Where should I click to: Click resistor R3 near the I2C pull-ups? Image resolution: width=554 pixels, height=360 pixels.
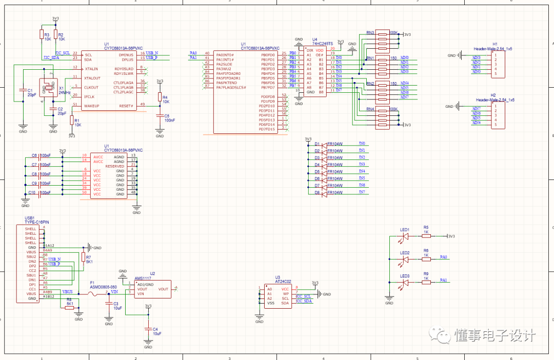coord(42,34)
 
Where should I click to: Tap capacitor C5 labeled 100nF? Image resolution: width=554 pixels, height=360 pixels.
coord(160,117)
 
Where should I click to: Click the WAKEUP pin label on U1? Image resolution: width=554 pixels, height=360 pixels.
coord(92,106)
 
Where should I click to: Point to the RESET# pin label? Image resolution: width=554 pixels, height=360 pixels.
coord(126,106)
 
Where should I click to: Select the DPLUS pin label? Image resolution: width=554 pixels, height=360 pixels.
coord(126,59)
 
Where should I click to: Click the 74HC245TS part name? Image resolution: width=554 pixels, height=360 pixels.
coord(323,44)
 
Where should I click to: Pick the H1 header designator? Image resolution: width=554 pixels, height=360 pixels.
coord(494,44)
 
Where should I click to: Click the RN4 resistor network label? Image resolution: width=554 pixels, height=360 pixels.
coord(370,109)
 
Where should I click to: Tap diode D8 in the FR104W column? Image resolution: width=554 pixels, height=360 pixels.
coord(324,193)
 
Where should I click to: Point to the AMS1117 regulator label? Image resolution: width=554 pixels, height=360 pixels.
coord(143,278)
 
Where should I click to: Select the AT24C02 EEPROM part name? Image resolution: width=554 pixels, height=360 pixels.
coord(283,281)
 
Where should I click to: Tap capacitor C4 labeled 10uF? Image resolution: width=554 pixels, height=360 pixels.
coord(149,329)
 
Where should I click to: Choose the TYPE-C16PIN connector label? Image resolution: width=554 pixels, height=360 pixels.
coord(36,222)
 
